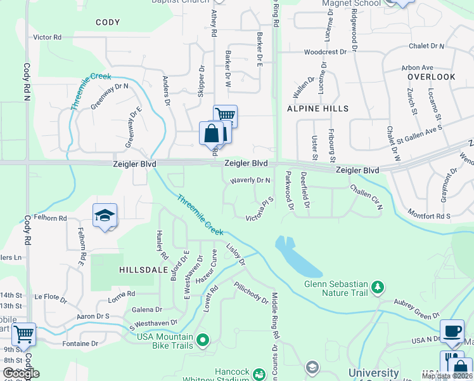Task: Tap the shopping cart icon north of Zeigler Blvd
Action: tap(225, 116)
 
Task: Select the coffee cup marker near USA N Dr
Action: tap(451, 331)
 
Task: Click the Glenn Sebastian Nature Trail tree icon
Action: tap(378, 288)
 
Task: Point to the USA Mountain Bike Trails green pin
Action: tap(203, 341)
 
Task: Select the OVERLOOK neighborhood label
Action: tap(432, 77)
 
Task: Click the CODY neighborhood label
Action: tap(108, 22)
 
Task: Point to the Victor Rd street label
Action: tap(48, 37)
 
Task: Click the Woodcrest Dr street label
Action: tap(325, 51)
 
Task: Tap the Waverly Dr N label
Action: tap(250, 180)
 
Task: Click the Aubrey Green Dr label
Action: tap(416, 311)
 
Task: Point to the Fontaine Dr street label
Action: tap(80, 344)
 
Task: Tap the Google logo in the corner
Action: tap(21, 373)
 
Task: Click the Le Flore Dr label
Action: tap(51, 297)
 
